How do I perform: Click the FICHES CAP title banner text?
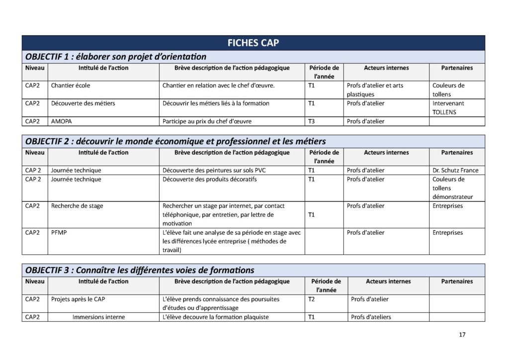point(253,43)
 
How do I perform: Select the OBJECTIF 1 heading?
point(115,57)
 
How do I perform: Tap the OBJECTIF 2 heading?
point(175,141)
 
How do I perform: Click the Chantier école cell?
point(71,86)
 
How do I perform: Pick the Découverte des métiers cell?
point(83,103)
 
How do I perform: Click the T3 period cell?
point(312,121)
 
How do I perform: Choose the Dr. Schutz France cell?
point(455,170)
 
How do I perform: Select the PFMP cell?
point(59,233)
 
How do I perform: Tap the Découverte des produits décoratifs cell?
point(210,179)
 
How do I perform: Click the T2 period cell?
point(312,299)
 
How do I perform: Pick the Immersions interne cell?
point(98,317)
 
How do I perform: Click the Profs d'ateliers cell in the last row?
point(371,317)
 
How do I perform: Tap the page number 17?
point(462,335)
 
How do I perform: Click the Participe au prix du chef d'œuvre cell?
point(207,121)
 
